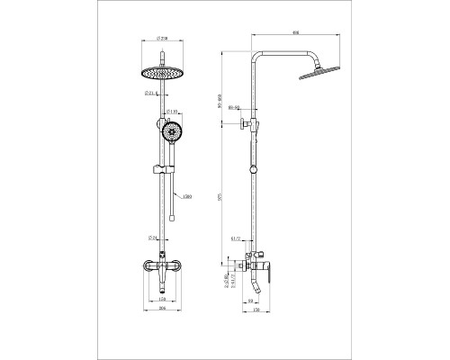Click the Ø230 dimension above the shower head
coord(162,38)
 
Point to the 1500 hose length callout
coord(186,196)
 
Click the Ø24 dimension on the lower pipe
coord(153,238)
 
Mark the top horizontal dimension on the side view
coord(295,33)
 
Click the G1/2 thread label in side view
coord(237,241)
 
